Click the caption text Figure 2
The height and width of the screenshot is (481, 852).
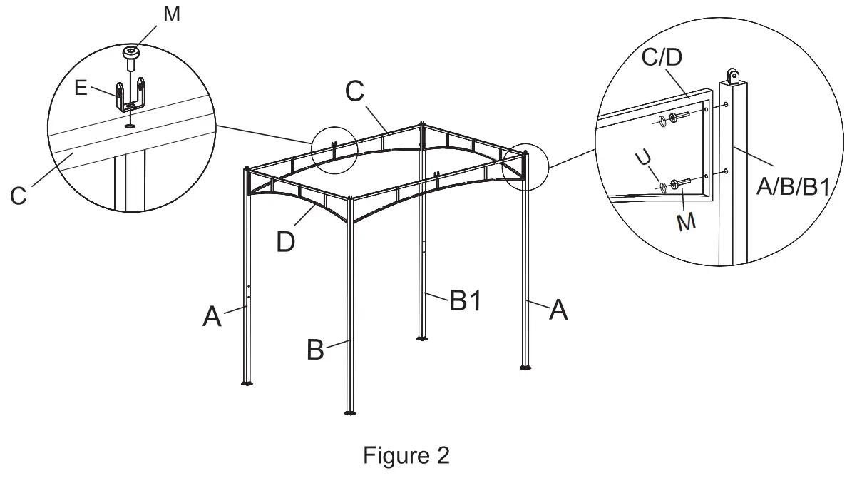click(x=406, y=455)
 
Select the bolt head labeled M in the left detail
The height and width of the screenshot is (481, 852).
click(x=130, y=53)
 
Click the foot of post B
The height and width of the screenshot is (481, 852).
click(x=349, y=412)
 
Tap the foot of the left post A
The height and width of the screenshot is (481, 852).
click(x=247, y=383)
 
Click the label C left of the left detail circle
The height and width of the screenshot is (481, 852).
click(x=19, y=195)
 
